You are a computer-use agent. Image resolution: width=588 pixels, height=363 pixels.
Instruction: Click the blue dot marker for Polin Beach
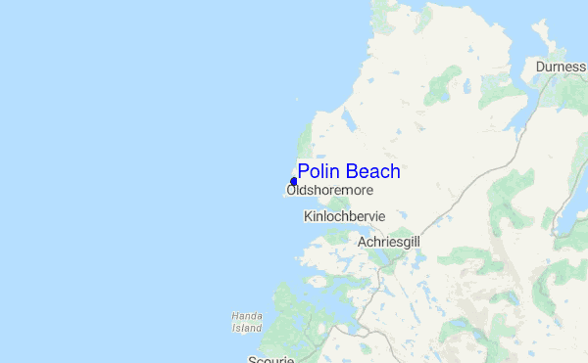pos(293,182)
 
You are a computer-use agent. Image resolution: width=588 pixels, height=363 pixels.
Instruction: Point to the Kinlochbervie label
pos(345,216)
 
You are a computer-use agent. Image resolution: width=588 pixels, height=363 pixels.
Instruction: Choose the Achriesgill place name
pos(389,241)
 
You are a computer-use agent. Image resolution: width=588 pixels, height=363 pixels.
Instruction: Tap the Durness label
pos(561,67)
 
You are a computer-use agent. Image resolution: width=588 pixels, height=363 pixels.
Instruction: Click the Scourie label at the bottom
pos(270,358)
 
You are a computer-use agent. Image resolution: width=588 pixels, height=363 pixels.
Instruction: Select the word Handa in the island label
pos(247,316)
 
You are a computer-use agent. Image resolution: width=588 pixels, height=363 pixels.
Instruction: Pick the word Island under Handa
pos(247,328)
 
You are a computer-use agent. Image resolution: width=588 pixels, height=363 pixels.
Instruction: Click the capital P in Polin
pos(304,172)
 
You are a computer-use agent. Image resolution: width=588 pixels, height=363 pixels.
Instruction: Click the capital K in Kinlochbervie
pos(309,216)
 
